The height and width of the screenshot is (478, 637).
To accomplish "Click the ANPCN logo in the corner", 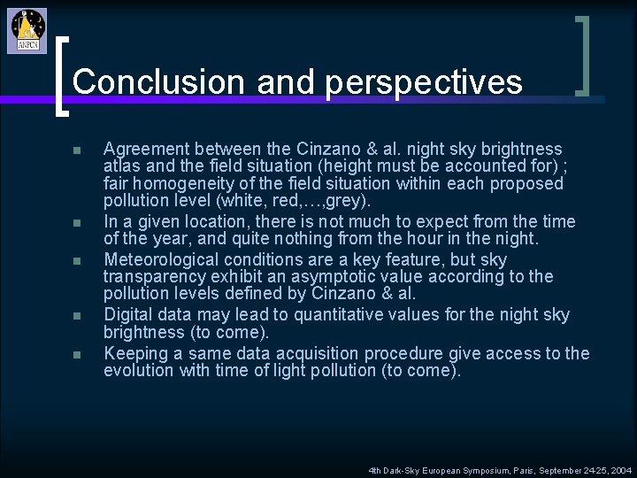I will tap(27, 31).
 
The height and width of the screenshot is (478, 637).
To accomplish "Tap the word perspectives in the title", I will tap(424, 82).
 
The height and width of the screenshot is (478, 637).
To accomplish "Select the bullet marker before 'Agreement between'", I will tap(78, 150).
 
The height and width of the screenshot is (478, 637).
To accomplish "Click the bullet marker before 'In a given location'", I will tap(78, 223).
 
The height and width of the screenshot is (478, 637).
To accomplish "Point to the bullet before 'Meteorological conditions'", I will tap(78, 261).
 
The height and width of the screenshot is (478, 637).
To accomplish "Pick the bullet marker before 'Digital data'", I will tap(78, 316).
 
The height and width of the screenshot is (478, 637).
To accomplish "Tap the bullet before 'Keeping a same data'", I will tap(78, 355).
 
